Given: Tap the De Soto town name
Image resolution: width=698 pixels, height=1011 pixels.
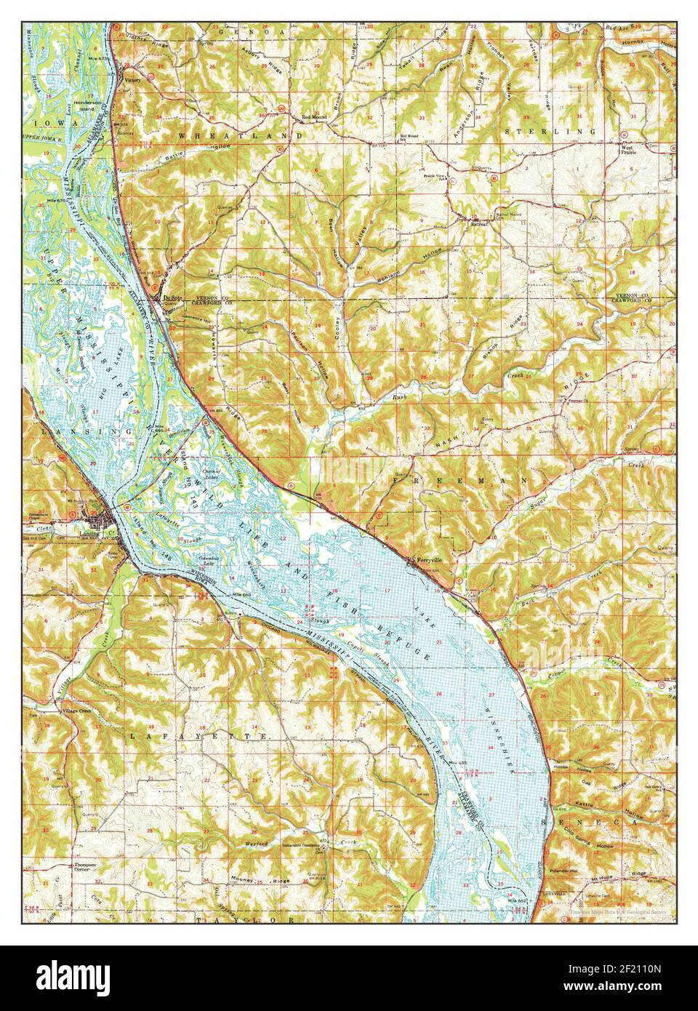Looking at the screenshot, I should pos(171,297).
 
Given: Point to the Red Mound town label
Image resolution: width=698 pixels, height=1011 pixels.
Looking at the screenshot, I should pos(303,116).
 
